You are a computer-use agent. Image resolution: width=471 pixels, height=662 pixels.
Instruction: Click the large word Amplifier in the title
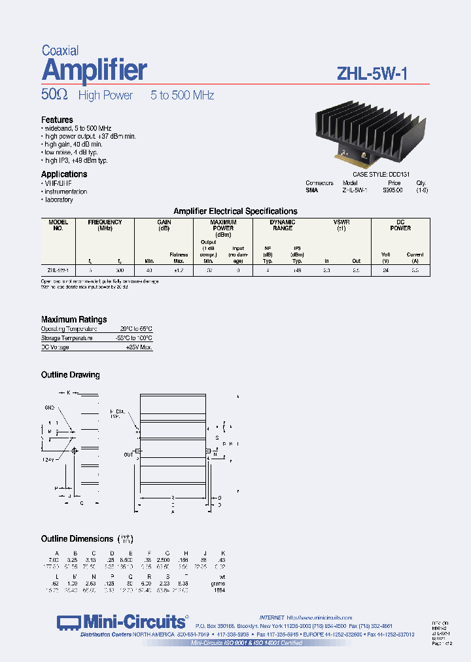coord(94,69)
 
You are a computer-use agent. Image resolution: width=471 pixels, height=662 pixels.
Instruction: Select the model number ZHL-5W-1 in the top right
coord(372,73)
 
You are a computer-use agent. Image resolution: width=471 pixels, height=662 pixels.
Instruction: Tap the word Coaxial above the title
coord(60,50)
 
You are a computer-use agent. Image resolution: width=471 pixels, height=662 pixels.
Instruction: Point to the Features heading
coord(57,120)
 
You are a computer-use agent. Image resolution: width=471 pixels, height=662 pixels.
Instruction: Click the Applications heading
coord(64,174)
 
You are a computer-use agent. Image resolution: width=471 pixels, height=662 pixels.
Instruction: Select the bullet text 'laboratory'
coord(59,200)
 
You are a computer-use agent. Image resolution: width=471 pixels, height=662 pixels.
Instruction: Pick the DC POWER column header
coord(400,225)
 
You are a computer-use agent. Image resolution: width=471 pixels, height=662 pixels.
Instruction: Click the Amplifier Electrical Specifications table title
coord(235,211)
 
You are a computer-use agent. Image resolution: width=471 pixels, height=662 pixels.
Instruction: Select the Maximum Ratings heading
coord(74,319)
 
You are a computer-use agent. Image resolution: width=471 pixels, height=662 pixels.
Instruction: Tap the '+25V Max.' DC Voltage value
coord(139,347)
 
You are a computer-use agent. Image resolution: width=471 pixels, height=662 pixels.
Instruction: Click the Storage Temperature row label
coord(67,338)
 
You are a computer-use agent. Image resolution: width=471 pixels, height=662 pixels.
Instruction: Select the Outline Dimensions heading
coord(77,538)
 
